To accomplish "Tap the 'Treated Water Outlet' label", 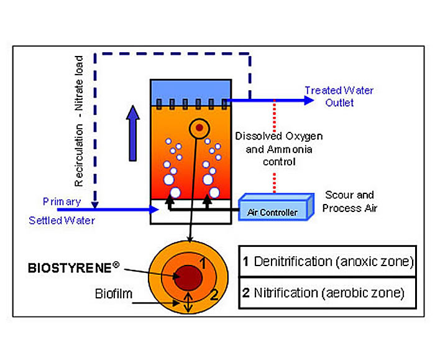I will (x=339, y=96).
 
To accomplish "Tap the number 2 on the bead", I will (x=214, y=294).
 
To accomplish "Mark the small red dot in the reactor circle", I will (x=198, y=128).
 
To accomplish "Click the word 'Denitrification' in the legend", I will (x=294, y=261).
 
